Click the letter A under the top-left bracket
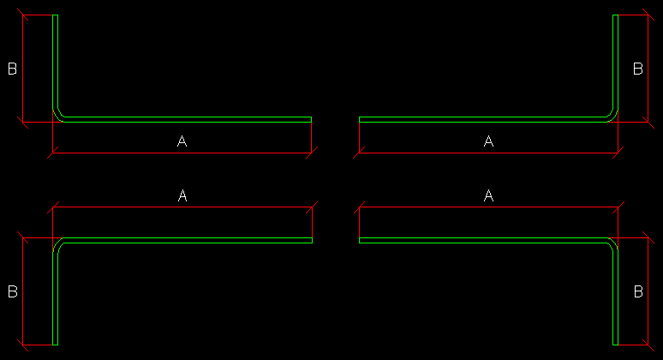click(x=182, y=141)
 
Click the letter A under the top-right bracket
click(x=488, y=141)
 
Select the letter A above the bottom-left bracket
click(x=182, y=195)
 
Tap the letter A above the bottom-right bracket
click(x=488, y=195)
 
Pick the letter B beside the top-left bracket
click(x=13, y=69)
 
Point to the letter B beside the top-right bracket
click(x=638, y=69)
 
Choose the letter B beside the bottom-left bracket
click(x=13, y=291)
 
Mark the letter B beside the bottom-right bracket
click(x=638, y=291)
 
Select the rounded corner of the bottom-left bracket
click(x=57, y=243)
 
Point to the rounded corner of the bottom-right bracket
click(x=613, y=243)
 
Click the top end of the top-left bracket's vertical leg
click(x=55, y=15)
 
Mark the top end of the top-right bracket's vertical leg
click(x=615, y=15)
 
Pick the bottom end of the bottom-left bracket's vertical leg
click(x=55, y=345)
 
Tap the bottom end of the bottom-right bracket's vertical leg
click(x=615, y=345)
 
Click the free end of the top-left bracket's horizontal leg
click(x=311, y=120)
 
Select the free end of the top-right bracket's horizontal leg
click(x=360, y=120)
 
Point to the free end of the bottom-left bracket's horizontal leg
click(x=312, y=240)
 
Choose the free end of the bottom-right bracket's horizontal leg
click(x=360, y=240)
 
